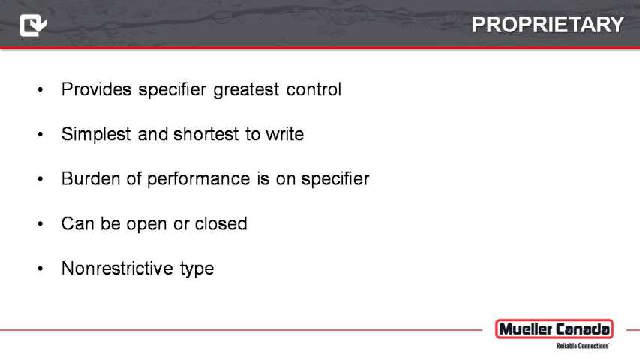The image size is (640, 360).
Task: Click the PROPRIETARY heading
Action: tap(548, 25)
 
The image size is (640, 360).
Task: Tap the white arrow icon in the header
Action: tap(33, 25)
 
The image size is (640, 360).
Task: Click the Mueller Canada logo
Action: tap(554, 329)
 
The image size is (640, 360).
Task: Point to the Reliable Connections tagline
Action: tap(583, 346)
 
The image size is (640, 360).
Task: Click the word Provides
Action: tap(96, 89)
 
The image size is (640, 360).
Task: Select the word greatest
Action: tap(246, 90)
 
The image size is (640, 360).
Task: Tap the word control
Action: tap(314, 89)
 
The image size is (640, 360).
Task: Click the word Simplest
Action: tap(96, 134)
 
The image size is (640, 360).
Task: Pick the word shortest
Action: tap(206, 134)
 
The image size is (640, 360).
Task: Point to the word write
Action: tap(285, 134)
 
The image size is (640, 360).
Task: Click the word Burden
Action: tap(91, 178)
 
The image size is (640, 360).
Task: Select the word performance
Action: tap(198, 179)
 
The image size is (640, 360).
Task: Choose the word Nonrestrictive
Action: tap(117, 268)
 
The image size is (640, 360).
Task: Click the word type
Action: tap(197, 269)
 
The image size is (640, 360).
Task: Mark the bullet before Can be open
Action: tap(40, 223)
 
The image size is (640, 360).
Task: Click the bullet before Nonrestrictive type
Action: tap(40, 268)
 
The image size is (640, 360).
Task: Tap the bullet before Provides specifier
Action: tap(40, 89)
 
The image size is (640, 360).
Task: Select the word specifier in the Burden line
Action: tap(335, 179)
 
